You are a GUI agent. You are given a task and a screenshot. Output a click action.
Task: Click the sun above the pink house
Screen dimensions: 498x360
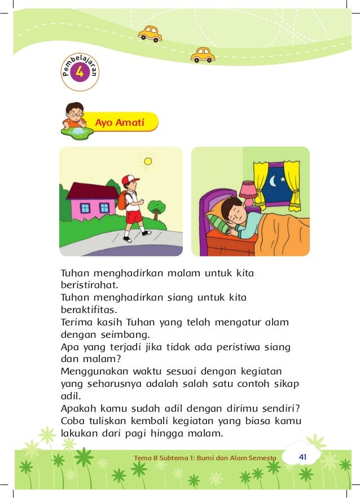pyautogui.click(x=147, y=161)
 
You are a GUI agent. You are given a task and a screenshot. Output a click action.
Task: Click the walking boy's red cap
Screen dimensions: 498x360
pyautogui.click(x=130, y=180)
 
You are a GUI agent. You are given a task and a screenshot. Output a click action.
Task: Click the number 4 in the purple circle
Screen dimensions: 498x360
pyautogui.click(x=80, y=72)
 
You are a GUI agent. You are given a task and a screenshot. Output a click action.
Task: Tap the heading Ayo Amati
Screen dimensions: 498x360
pyautogui.click(x=120, y=122)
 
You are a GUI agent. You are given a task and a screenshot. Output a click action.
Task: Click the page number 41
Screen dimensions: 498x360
pyautogui.click(x=302, y=456)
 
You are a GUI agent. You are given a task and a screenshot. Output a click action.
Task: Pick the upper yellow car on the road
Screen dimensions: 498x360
pyautogui.click(x=150, y=33)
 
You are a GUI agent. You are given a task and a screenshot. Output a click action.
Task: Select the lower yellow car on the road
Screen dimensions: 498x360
pyautogui.click(x=203, y=54)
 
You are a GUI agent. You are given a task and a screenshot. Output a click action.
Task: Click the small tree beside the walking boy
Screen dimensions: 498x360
pyautogui.click(x=156, y=208)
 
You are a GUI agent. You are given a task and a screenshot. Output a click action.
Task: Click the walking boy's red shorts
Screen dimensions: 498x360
pyautogui.click(x=133, y=217)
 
